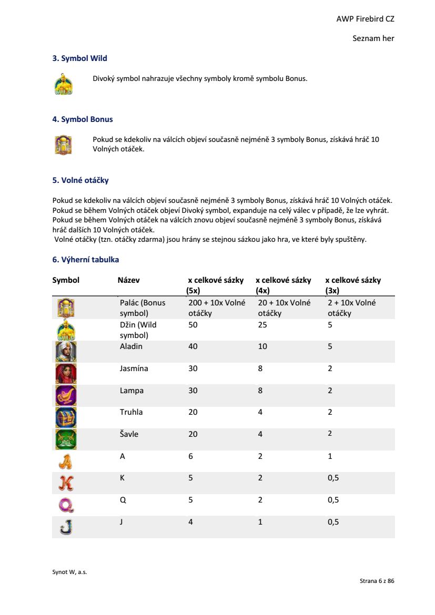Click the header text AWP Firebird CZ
point(365,19)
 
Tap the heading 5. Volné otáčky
point(80,180)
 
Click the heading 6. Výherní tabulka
point(86,260)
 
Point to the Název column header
point(128,280)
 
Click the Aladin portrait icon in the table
point(66,352)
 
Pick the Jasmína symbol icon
point(66,374)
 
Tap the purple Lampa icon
point(66,395)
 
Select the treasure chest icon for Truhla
point(66,417)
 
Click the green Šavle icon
point(66,439)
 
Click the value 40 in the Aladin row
point(193,346)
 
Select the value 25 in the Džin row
point(262,325)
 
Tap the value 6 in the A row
point(191,456)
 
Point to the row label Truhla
point(131,412)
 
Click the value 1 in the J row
point(260,522)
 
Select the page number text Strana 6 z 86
point(377,581)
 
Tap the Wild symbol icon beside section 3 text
point(64,84)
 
